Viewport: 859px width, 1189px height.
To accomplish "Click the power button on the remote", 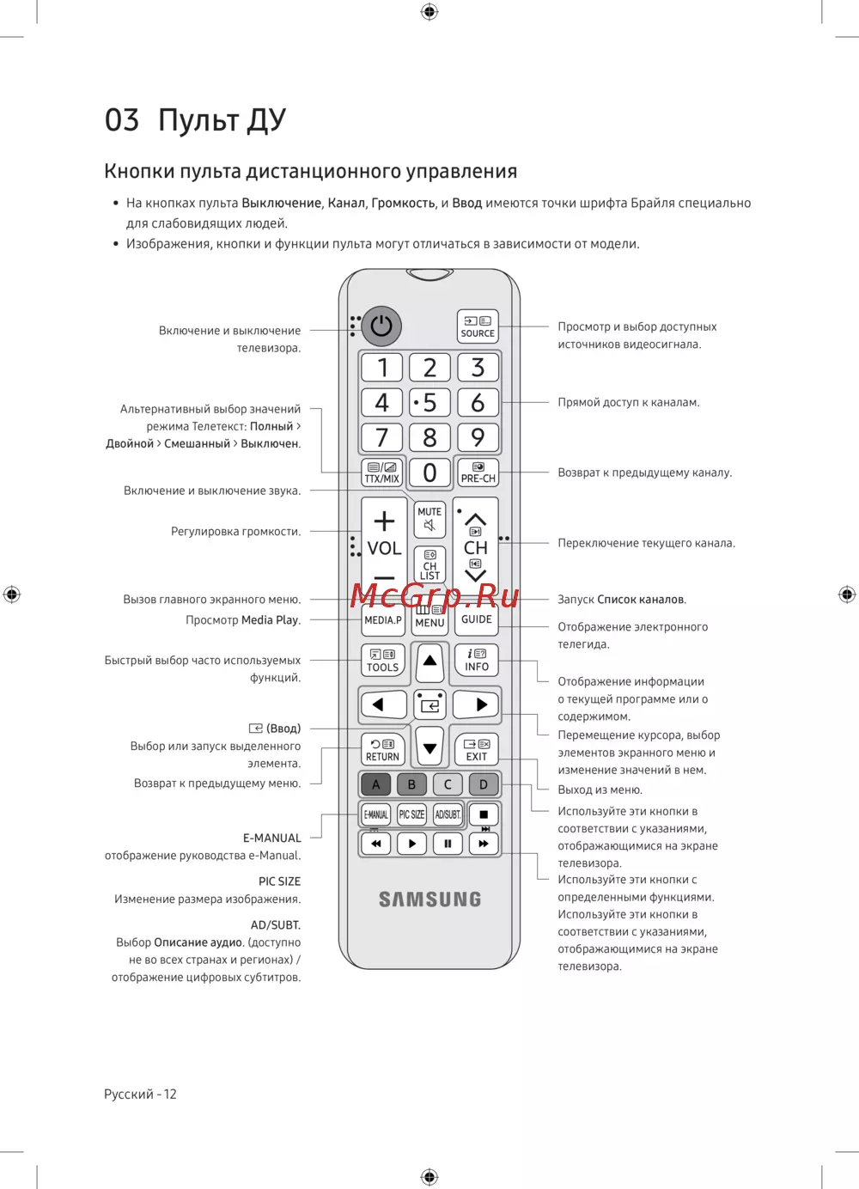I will (x=381, y=326).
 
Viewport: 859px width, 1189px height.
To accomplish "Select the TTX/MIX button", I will (x=382, y=473).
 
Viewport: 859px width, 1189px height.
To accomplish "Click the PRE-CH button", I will (x=478, y=473).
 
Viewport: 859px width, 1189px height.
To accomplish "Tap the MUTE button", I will (x=429, y=518).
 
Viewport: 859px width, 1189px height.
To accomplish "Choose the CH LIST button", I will (x=429, y=564).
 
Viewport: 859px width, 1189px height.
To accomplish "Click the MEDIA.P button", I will (x=382, y=619).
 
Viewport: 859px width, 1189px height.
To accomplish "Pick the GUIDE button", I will (x=477, y=619).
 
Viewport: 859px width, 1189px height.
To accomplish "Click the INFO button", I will (x=477, y=660).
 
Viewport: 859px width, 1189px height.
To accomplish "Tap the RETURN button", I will (x=382, y=749).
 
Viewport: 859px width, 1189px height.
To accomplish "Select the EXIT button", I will (x=477, y=749).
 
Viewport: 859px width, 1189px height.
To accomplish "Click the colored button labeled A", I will (x=375, y=784).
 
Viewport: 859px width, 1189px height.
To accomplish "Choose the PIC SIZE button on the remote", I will (x=411, y=814).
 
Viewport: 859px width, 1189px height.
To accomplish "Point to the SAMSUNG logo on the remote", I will (x=429, y=899).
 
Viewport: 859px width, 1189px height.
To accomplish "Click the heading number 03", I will (x=122, y=120).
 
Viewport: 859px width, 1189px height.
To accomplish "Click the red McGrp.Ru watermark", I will (x=435, y=595).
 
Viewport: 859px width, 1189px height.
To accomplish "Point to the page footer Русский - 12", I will (x=140, y=1094).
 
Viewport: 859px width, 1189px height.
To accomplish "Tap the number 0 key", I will (x=429, y=473).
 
